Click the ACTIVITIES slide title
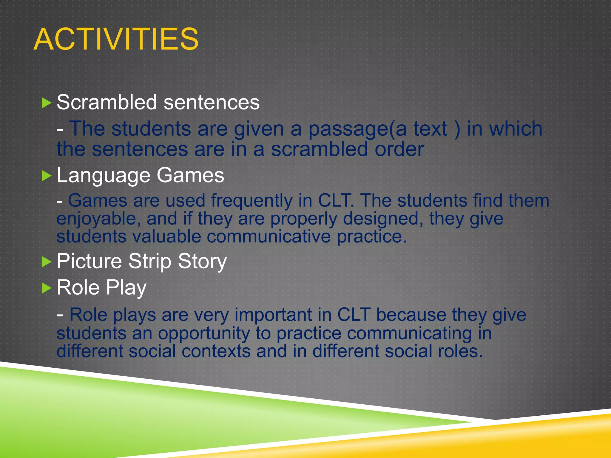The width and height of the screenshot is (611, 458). pyautogui.click(x=116, y=39)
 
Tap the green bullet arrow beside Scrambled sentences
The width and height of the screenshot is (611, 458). pyautogui.click(x=46, y=103)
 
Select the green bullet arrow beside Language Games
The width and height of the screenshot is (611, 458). pyautogui.click(x=46, y=176)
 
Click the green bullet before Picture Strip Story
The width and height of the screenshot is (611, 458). pyautogui.click(x=46, y=262)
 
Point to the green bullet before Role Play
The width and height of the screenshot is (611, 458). pyautogui.click(x=46, y=288)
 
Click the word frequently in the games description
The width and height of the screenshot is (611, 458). pyautogui.click(x=252, y=201)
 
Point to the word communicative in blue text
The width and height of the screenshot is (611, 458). pyautogui.click(x=269, y=237)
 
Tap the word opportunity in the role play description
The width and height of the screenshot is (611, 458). pyautogui.click(x=204, y=333)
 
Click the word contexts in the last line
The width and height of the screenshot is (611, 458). pyautogui.click(x=216, y=351)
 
